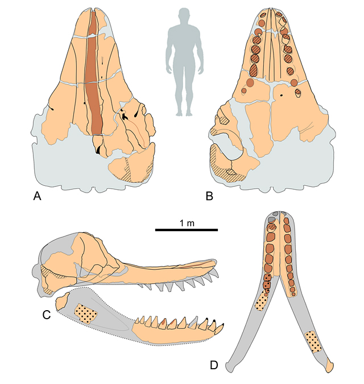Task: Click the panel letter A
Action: click(x=37, y=196)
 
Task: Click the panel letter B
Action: click(x=209, y=196)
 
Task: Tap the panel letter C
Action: click(x=47, y=315)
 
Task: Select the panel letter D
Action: click(x=214, y=365)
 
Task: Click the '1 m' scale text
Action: click(x=187, y=223)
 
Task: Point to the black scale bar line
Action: click(x=187, y=229)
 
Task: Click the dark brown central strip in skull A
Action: click(x=94, y=73)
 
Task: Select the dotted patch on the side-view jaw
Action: click(x=86, y=314)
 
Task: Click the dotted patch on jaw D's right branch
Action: click(x=313, y=341)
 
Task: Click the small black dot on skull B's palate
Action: click(x=282, y=95)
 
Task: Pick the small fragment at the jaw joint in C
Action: click(x=63, y=302)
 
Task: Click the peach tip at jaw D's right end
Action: click(x=330, y=367)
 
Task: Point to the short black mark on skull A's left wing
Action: click(x=52, y=108)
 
